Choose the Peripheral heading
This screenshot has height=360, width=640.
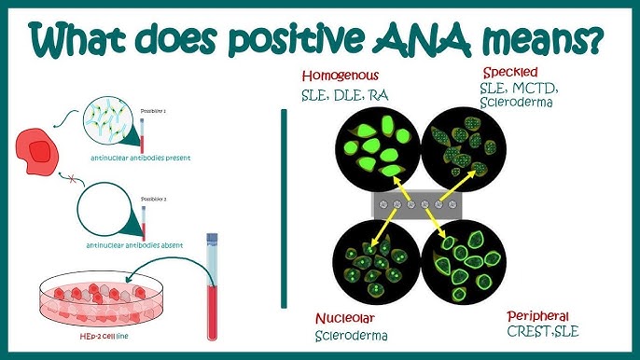[x=538, y=317]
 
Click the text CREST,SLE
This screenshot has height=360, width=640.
[x=539, y=333]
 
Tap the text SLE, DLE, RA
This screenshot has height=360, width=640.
[x=344, y=94]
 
